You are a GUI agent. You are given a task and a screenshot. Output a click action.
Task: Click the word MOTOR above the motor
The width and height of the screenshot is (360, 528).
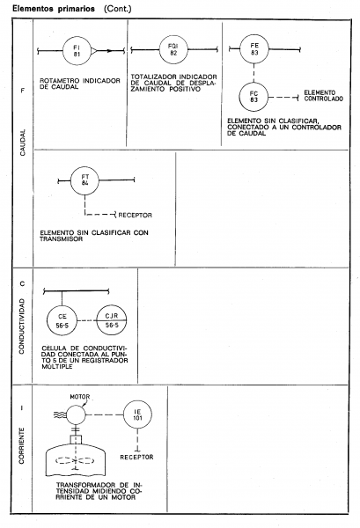80,397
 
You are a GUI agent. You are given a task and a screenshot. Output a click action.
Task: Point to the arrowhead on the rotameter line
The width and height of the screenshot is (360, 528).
109,51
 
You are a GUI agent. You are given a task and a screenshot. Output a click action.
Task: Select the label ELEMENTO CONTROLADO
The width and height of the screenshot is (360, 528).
323,96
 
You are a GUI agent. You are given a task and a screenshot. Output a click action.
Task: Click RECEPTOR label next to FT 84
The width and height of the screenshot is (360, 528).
135,215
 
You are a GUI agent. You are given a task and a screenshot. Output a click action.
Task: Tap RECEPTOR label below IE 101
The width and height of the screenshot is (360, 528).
136,457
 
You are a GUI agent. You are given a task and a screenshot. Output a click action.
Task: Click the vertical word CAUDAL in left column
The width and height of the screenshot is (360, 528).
23,143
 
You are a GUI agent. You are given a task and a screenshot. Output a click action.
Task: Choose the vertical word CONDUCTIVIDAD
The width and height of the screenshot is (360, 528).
22,326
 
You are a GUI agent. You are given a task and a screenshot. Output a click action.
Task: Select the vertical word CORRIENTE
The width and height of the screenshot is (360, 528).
22,446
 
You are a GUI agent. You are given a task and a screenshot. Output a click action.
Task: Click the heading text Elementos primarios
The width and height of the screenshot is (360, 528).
54,9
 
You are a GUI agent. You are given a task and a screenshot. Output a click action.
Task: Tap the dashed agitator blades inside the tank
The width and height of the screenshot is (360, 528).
75,460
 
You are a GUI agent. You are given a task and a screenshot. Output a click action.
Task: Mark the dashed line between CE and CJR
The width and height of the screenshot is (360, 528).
87,320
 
